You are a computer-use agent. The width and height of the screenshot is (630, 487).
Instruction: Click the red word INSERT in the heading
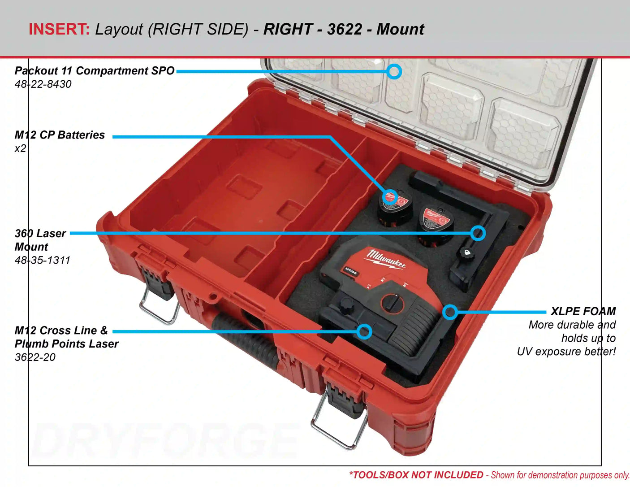(x=59, y=29)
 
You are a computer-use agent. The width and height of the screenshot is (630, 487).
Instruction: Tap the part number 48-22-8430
(x=43, y=84)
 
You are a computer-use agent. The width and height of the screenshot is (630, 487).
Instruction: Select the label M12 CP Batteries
(x=60, y=135)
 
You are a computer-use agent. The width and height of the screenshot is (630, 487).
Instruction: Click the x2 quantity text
(x=21, y=148)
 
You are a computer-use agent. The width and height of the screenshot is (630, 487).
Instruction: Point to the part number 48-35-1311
(x=43, y=260)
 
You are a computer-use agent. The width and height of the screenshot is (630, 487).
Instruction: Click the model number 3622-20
(x=35, y=357)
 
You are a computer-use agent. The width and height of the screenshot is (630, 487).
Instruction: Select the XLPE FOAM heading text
(x=583, y=311)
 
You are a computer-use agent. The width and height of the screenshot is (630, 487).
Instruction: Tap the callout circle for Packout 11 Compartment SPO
(x=394, y=71)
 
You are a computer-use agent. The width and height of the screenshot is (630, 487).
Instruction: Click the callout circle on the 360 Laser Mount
(x=478, y=233)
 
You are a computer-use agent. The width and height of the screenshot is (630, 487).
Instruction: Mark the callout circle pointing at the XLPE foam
(x=450, y=312)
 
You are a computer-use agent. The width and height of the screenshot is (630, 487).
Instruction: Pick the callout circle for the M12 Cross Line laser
(x=365, y=331)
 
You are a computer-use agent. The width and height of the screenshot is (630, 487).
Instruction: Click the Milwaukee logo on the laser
(x=386, y=259)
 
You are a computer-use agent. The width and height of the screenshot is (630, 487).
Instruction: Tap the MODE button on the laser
(x=351, y=271)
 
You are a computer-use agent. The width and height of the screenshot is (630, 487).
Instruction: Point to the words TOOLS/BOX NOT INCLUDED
(x=417, y=475)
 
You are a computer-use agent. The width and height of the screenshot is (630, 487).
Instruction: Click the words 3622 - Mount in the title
(x=375, y=29)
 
